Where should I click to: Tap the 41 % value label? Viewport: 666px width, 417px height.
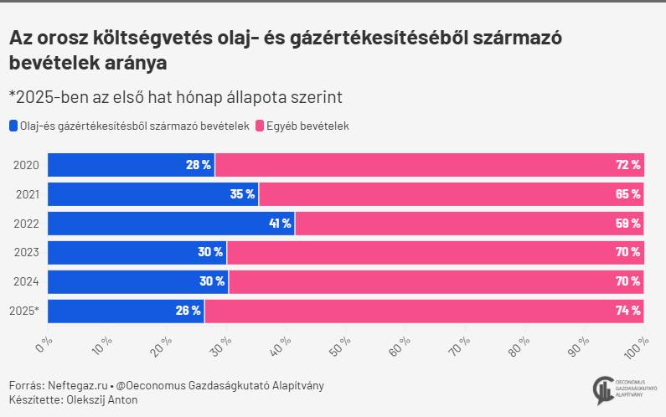click(280, 224)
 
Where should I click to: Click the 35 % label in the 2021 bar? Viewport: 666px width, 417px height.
click(242, 194)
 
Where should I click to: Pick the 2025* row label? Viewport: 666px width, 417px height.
click(24, 311)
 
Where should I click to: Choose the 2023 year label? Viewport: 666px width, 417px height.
click(26, 253)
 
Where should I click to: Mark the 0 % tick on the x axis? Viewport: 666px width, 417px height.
click(45, 344)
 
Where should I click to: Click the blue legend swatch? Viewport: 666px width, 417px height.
click(13, 126)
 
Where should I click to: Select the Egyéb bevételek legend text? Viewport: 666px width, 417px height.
click(307, 126)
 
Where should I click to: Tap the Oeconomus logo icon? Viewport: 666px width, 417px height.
click(601, 390)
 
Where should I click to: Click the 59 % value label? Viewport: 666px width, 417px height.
click(628, 224)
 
